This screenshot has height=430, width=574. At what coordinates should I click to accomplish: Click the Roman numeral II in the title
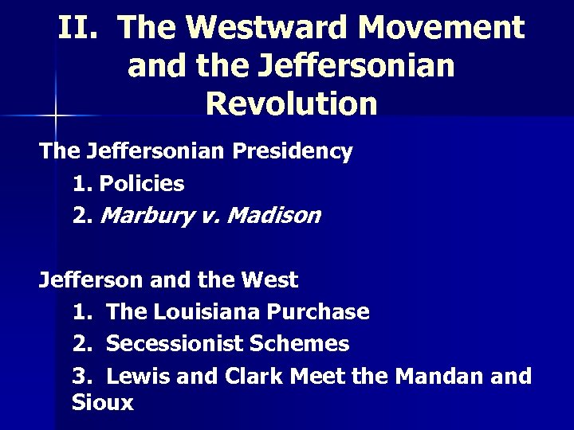pyautogui.click(x=77, y=29)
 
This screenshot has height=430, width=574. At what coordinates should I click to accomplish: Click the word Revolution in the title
pyautogui.click(x=291, y=104)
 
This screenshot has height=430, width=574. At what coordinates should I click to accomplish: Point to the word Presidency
pyautogui.click(x=293, y=152)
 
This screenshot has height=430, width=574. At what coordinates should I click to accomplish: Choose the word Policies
pyautogui.click(x=142, y=184)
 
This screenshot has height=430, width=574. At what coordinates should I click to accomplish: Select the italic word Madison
pyautogui.click(x=274, y=215)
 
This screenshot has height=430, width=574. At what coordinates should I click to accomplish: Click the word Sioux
pyautogui.click(x=103, y=402)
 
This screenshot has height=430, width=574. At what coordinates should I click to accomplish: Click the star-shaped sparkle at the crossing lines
pyautogui.click(x=54, y=116)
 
